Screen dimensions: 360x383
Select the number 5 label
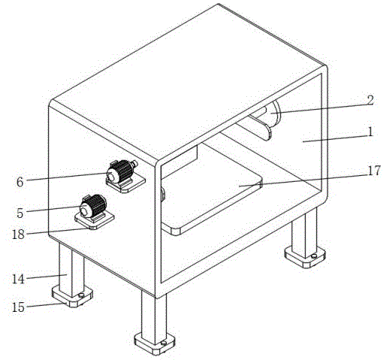coord(20,213)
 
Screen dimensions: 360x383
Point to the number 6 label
coord(20,181)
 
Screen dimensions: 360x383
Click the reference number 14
coord(18,279)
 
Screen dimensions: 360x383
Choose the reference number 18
coord(18,234)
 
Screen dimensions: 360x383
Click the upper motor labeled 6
coord(119,171)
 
